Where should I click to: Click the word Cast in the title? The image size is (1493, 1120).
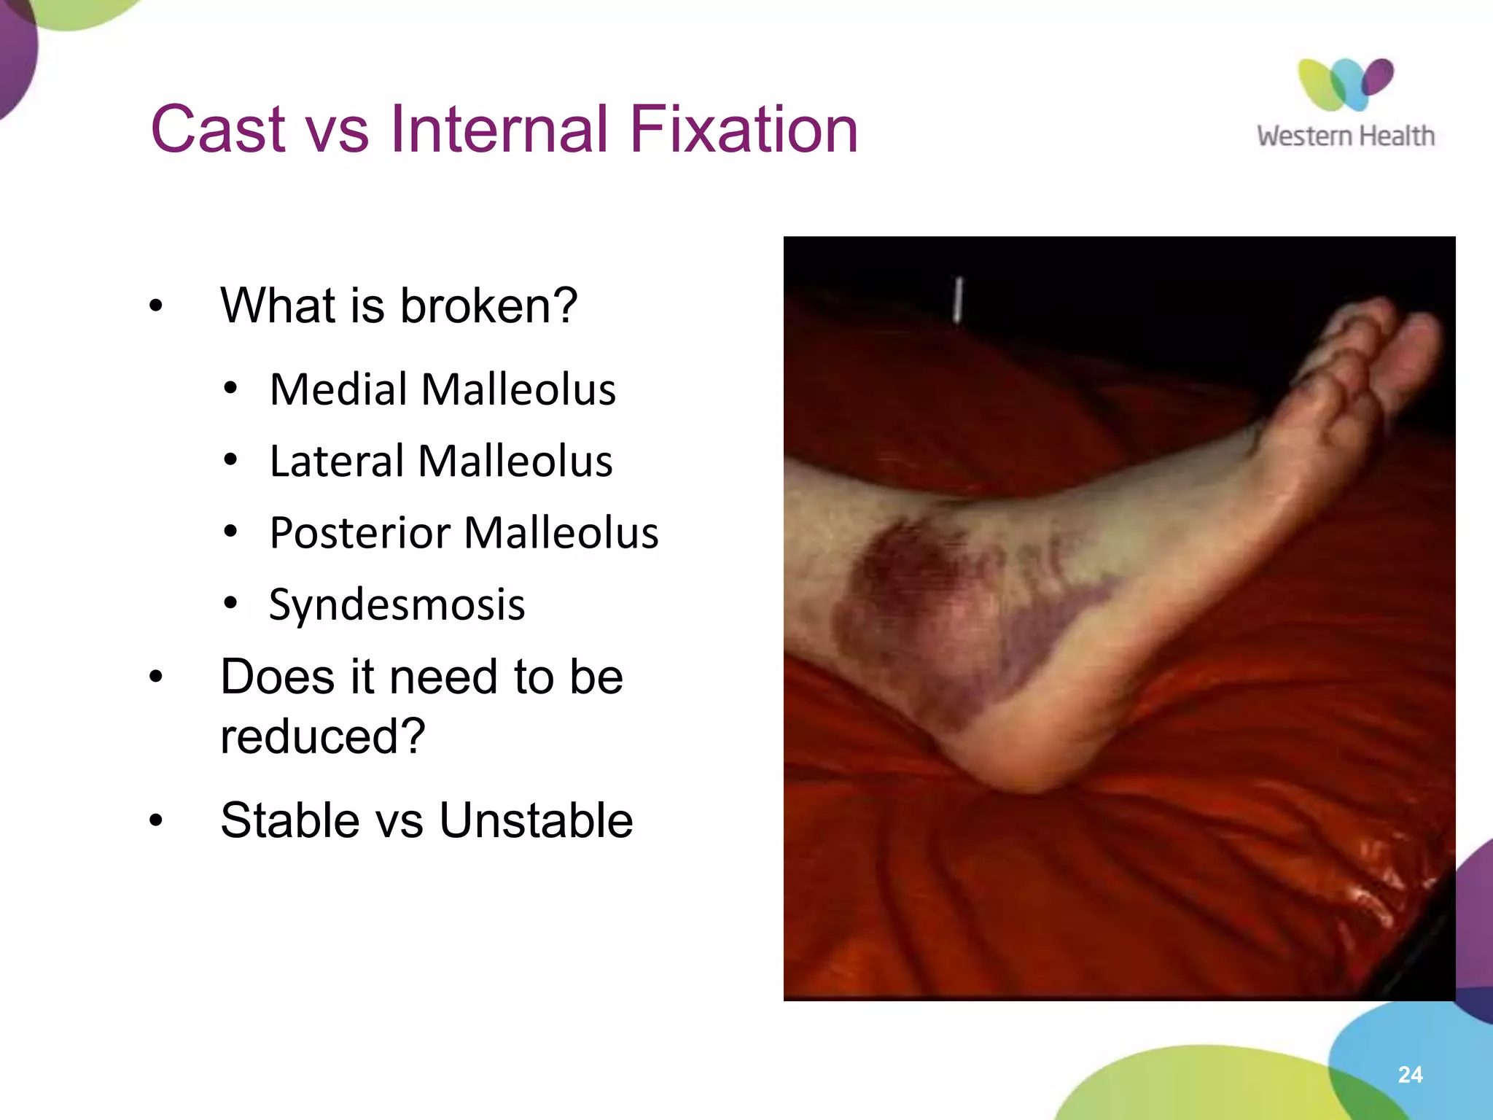(x=217, y=129)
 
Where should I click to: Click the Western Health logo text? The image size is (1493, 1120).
(x=1345, y=136)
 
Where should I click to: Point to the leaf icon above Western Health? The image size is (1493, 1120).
(x=1345, y=84)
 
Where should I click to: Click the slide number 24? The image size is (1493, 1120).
(x=1410, y=1074)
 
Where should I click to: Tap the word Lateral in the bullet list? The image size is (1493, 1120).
(x=336, y=461)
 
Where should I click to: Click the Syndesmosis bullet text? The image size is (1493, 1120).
(x=397, y=604)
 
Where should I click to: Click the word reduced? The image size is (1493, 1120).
(x=322, y=736)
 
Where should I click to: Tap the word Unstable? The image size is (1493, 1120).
(x=536, y=820)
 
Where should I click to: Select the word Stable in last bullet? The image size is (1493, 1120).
(x=289, y=820)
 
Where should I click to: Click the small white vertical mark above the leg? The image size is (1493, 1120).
(x=959, y=299)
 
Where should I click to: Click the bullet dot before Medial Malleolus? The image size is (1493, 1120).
(x=231, y=389)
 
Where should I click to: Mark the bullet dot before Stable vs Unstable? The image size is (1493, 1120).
(x=155, y=821)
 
